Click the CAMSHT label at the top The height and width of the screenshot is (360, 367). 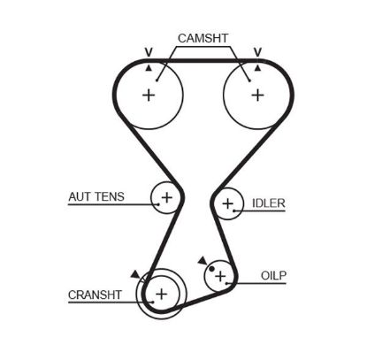click(203, 38)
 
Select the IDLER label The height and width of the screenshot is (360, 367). click(268, 203)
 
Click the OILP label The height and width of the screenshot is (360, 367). click(273, 275)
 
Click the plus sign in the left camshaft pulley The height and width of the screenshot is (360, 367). click(149, 95)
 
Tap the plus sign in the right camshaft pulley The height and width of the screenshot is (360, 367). click(256, 95)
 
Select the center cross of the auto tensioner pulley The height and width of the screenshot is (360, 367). click(165, 198)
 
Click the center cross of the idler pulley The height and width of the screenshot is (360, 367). click(229, 206)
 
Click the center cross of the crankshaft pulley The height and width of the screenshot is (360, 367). click(161, 293)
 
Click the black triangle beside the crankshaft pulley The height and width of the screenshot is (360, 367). click(134, 275)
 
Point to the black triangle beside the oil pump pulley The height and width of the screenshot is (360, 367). click(203, 260)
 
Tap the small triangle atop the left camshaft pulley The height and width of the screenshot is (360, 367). click(149, 67)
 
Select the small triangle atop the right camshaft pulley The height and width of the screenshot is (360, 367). click(256, 67)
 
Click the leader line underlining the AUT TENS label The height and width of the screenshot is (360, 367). click(106, 205)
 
